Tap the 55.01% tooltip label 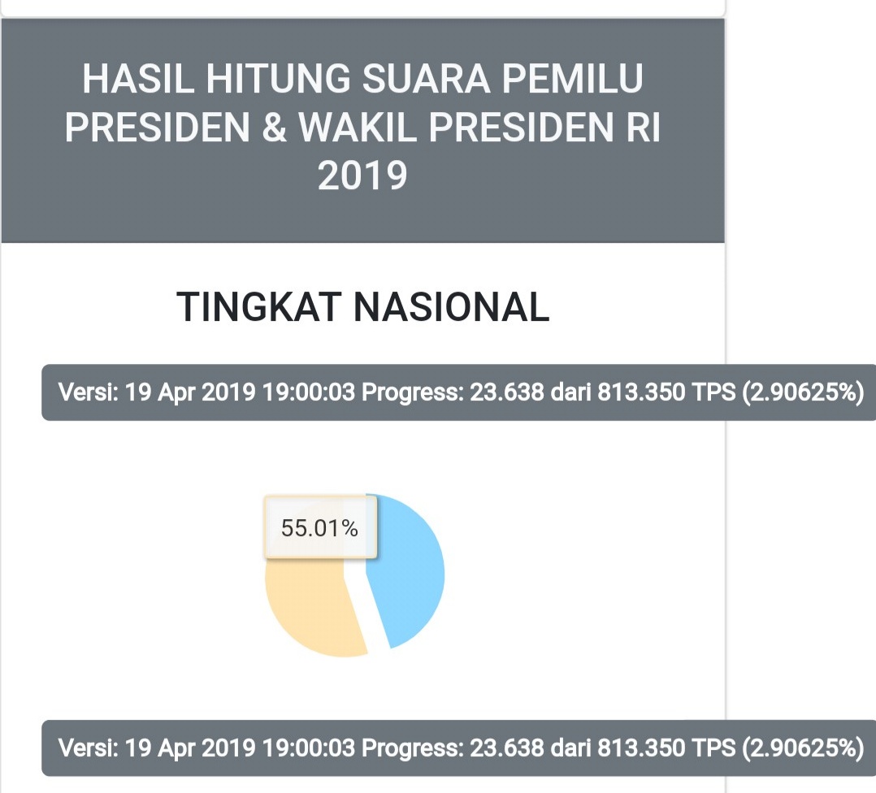[x=319, y=528]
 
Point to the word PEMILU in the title [x=573, y=79]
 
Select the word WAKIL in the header [x=358, y=128]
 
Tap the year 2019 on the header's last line [x=362, y=175]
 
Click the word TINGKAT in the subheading [x=259, y=307]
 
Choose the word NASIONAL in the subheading [x=452, y=307]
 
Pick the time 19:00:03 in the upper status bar [x=309, y=392]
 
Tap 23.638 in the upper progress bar [x=507, y=392]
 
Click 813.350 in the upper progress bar [x=641, y=392]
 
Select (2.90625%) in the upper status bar [x=804, y=392]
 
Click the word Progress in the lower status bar [x=413, y=747]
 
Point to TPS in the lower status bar [x=713, y=747]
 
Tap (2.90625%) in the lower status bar [x=804, y=747]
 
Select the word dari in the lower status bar [x=570, y=747]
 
